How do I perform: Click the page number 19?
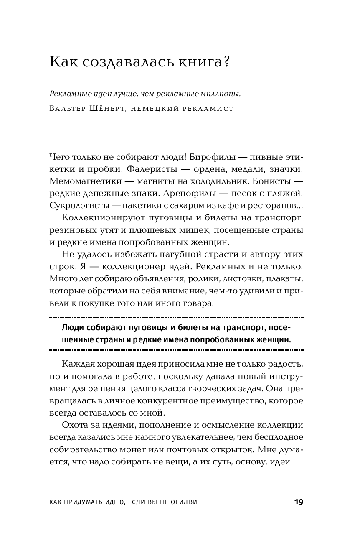298,502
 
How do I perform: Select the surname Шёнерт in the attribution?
107,109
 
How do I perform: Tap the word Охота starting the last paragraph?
74,426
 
